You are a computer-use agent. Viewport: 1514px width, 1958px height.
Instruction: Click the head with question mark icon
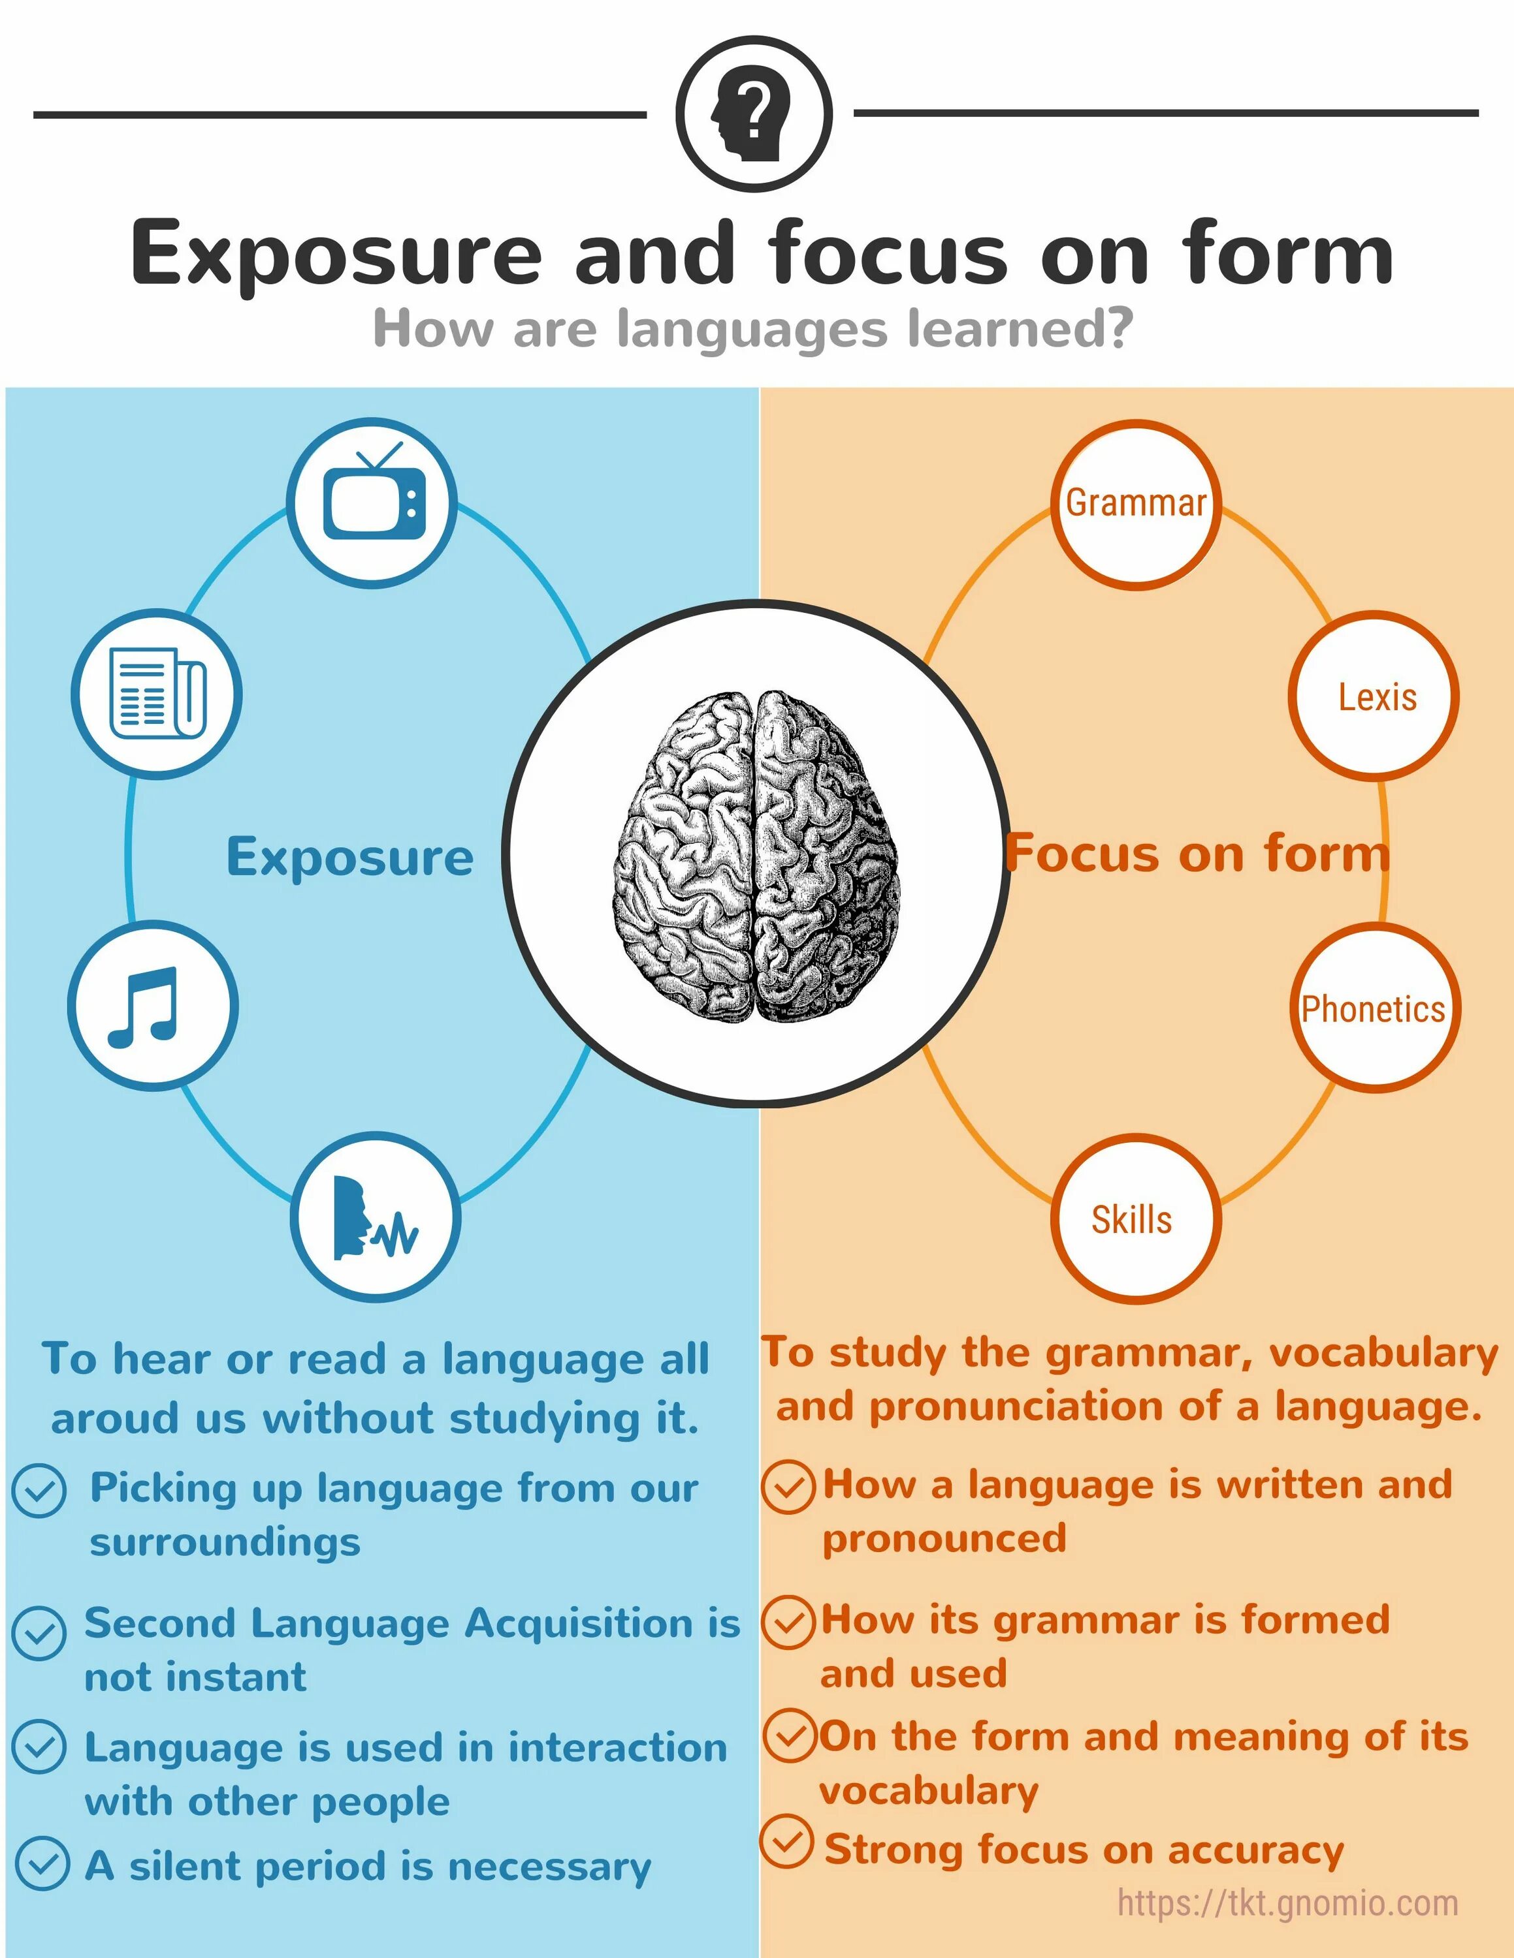coord(754,114)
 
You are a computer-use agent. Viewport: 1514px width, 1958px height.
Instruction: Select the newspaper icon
coord(157,693)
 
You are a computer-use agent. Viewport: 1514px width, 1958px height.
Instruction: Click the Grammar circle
coord(1135,503)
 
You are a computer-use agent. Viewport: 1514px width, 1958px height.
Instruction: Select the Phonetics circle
coord(1372,1008)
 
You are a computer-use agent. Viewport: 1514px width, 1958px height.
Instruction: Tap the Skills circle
coord(1133,1219)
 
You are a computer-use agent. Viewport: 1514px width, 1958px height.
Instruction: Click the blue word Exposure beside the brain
coord(350,857)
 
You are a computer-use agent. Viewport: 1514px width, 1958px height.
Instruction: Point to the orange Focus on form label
coord(1197,854)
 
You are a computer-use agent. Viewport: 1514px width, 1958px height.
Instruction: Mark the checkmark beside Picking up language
coord(39,1491)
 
